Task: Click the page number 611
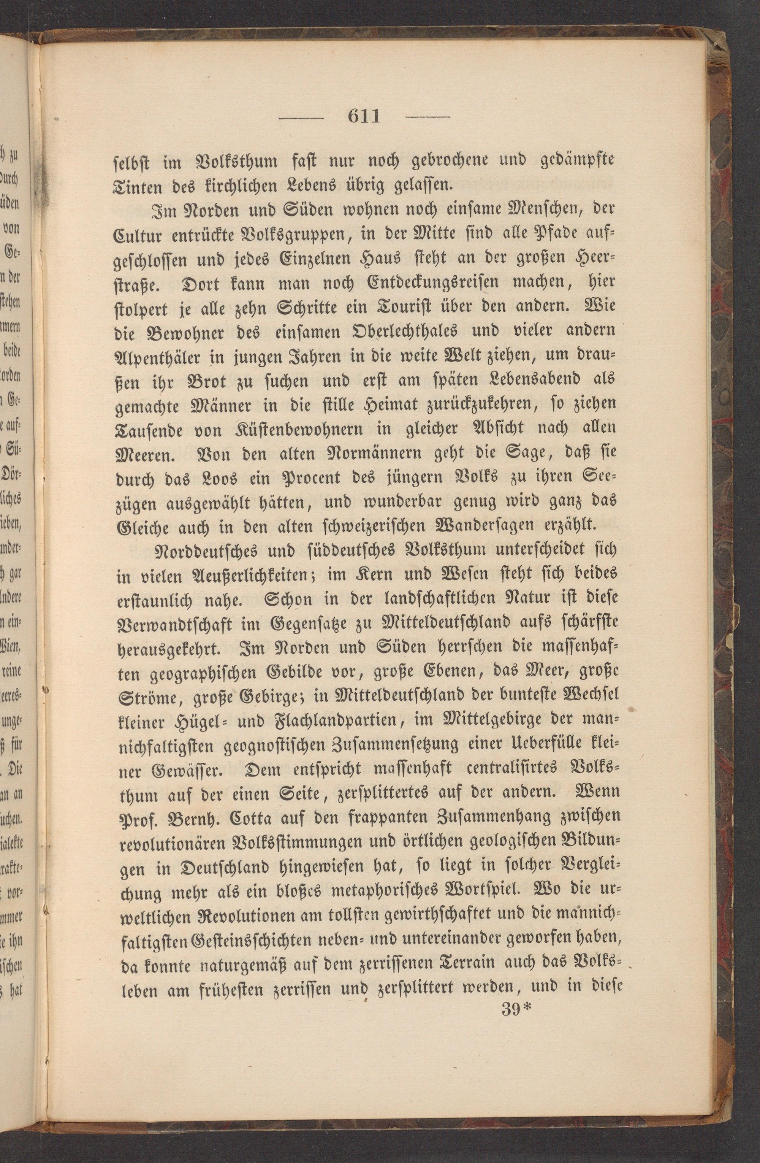click(x=364, y=117)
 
